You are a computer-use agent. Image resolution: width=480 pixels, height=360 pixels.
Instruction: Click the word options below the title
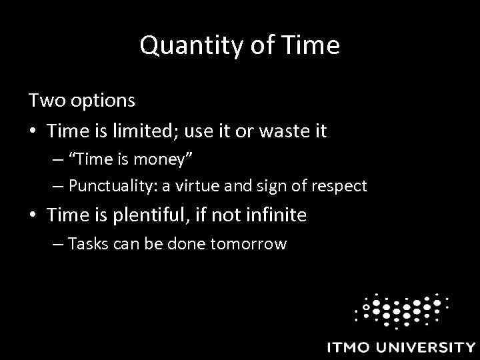[x=103, y=102]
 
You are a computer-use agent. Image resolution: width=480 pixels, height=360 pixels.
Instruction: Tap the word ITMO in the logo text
[x=350, y=347]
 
